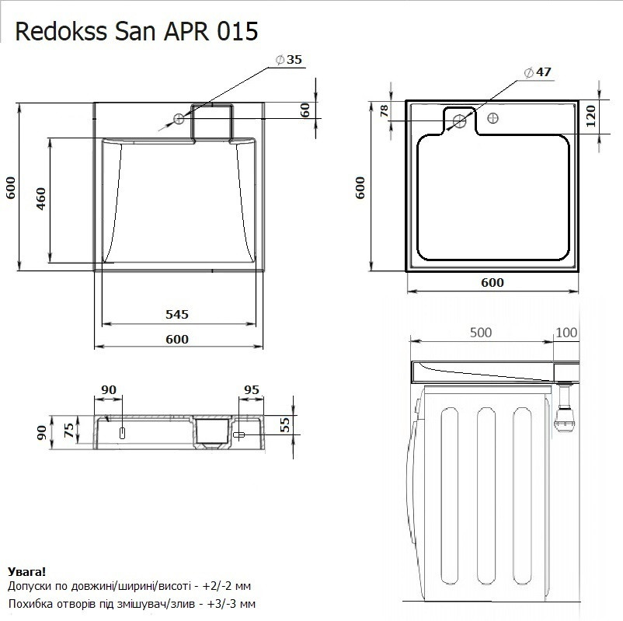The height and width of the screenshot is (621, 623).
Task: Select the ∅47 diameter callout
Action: pos(538,72)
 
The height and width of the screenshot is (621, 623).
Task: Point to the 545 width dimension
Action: pos(176,314)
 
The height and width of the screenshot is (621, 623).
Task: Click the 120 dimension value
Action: pos(590,118)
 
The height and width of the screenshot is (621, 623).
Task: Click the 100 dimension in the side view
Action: pos(566,332)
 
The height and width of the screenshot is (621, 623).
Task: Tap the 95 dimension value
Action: pos(251,389)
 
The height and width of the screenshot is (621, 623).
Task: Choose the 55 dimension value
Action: pos(284,424)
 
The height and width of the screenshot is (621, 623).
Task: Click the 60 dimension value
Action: pos(305,110)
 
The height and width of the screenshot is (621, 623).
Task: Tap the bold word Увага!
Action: pos(25,571)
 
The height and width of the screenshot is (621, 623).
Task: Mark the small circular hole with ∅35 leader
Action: pos(179,119)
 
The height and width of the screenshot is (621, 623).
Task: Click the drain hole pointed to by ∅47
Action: pos(460,120)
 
